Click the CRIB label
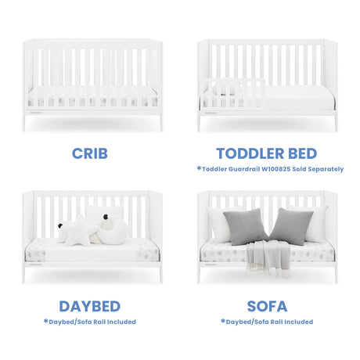pyautogui.click(x=90, y=153)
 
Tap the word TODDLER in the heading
pyautogui.click(x=250, y=153)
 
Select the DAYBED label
pyautogui.click(x=90, y=306)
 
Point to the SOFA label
pyautogui.click(x=267, y=306)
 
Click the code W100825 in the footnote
pyautogui.click(x=276, y=169)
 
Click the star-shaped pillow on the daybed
pyautogui.click(x=80, y=232)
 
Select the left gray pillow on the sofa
pyautogui.click(x=245, y=226)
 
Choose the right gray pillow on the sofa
pyautogui.click(x=291, y=226)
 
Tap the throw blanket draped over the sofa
pyautogui.click(x=268, y=258)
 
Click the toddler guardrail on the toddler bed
pyautogui.click(x=232, y=93)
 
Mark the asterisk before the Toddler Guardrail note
pyautogui.click(x=199, y=168)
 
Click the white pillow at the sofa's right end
pyautogui.click(x=317, y=223)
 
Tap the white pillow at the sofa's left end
pyautogui.click(x=218, y=224)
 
